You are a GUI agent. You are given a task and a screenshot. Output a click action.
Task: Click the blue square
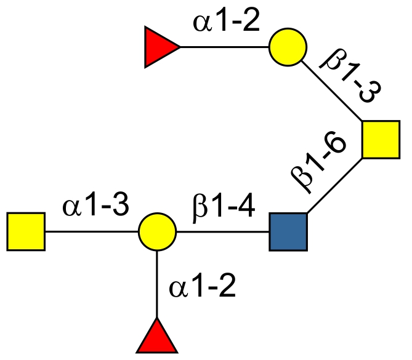(x=288, y=232)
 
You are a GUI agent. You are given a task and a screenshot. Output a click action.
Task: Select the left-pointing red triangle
(x=160, y=47)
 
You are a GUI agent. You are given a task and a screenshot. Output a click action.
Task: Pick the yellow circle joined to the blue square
(x=157, y=232)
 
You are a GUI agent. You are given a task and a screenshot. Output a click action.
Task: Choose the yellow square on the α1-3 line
(x=26, y=232)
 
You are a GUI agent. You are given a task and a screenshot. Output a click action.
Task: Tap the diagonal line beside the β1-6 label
(x=334, y=186)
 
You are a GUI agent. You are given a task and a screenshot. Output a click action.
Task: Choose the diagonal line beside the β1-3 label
(x=333, y=92)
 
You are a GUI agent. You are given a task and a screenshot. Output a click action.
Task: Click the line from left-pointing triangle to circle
(x=224, y=47)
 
